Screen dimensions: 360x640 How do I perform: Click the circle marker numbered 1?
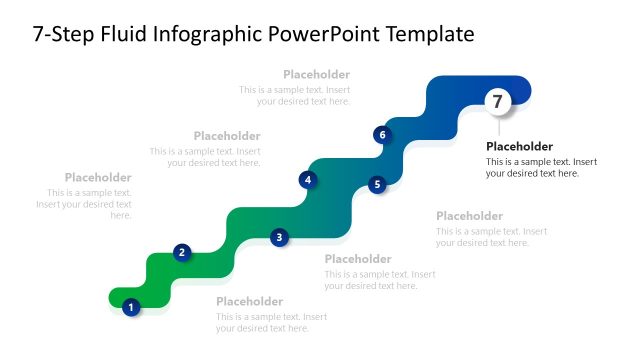click(x=130, y=307)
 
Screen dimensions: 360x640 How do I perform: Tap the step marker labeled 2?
click(x=181, y=252)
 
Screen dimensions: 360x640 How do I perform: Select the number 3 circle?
click(x=279, y=237)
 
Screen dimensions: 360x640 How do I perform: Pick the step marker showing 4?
click(x=308, y=180)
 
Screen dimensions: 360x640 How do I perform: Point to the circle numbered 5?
click(x=377, y=184)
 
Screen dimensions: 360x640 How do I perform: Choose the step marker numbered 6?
click(x=381, y=134)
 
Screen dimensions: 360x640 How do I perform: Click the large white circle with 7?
click(x=498, y=100)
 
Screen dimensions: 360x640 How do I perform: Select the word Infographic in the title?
click(x=212, y=35)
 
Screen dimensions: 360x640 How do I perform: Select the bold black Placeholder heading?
click(x=519, y=146)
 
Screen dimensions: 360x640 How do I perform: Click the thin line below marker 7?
click(x=498, y=125)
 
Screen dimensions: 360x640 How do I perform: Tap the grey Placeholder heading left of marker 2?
click(x=98, y=177)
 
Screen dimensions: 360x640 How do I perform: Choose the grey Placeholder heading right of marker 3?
click(x=358, y=259)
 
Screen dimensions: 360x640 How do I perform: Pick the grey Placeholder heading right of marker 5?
click(x=469, y=215)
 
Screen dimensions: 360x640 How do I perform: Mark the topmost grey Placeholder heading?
click(x=316, y=74)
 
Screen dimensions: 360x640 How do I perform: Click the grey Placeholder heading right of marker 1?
click(x=249, y=301)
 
